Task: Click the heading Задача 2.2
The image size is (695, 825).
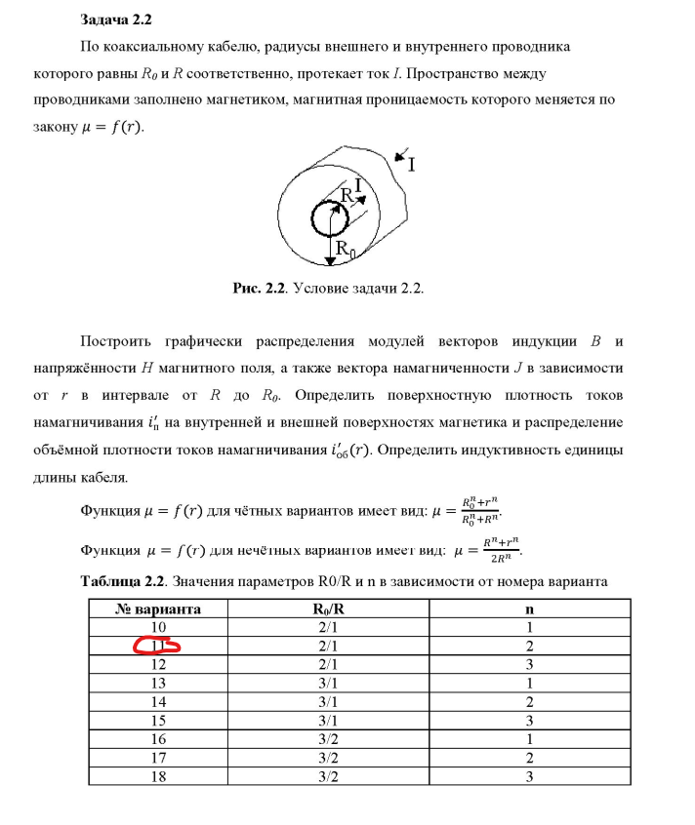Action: [x=115, y=20]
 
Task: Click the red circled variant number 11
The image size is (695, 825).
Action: [x=157, y=645]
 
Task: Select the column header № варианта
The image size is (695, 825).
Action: [x=158, y=609]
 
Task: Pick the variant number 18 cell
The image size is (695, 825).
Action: [x=158, y=775]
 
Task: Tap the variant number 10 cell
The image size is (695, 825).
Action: [x=158, y=627]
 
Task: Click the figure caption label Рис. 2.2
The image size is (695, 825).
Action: [x=258, y=289]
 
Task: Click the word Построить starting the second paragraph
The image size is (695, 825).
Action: [x=118, y=342]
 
